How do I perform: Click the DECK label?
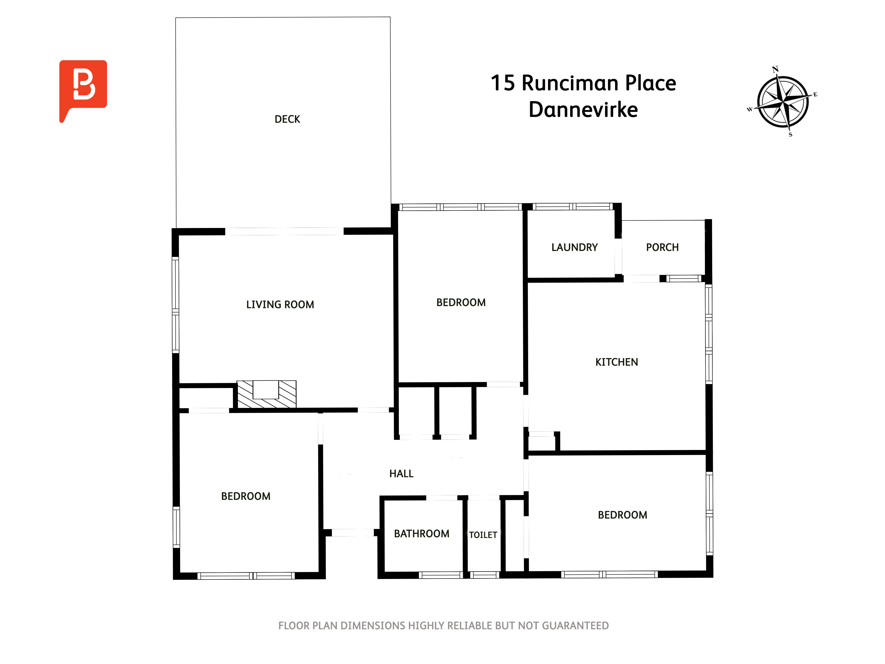tap(287, 119)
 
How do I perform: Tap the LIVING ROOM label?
tap(280, 305)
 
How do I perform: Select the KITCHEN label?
tap(617, 362)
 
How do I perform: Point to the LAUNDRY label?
tap(575, 247)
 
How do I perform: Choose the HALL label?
tap(401, 474)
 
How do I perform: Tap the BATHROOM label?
tap(422, 534)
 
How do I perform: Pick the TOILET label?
tap(483, 535)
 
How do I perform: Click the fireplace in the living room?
tap(266, 394)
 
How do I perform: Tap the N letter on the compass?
tap(775, 69)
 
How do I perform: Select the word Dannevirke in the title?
tap(583, 110)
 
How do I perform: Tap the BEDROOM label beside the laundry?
tap(461, 303)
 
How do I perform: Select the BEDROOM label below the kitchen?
tap(623, 515)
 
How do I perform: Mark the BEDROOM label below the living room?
tap(246, 496)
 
